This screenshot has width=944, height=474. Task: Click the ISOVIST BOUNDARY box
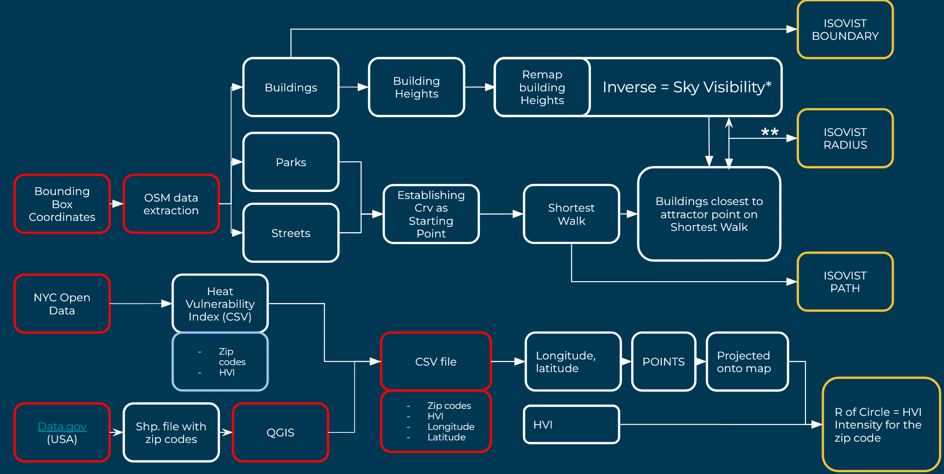click(x=845, y=30)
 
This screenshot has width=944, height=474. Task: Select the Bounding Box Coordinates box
click(x=62, y=204)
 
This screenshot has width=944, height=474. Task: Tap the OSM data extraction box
click(x=171, y=204)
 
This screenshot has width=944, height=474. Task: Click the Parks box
click(x=291, y=162)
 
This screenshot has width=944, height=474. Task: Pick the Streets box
click(x=291, y=233)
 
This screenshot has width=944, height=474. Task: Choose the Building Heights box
click(x=416, y=87)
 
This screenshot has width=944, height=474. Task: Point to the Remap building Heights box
click(x=542, y=87)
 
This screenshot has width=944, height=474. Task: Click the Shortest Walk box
click(x=571, y=214)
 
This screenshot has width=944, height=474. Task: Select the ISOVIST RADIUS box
click(x=845, y=138)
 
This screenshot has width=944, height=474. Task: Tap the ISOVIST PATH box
click(x=845, y=282)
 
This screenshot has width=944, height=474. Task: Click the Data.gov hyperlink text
click(x=62, y=426)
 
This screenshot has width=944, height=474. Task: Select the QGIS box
click(x=280, y=432)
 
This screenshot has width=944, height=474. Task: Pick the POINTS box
click(x=664, y=362)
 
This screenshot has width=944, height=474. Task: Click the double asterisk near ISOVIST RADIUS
click(x=769, y=132)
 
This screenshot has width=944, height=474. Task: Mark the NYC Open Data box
click(x=62, y=304)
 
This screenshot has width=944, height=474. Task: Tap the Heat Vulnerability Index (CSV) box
click(x=220, y=304)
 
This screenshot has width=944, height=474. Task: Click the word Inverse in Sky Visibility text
click(x=629, y=87)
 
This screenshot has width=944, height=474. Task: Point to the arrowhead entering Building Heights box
click(x=364, y=87)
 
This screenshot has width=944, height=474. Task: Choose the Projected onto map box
click(x=747, y=362)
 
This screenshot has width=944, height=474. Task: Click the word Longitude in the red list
click(x=451, y=426)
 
